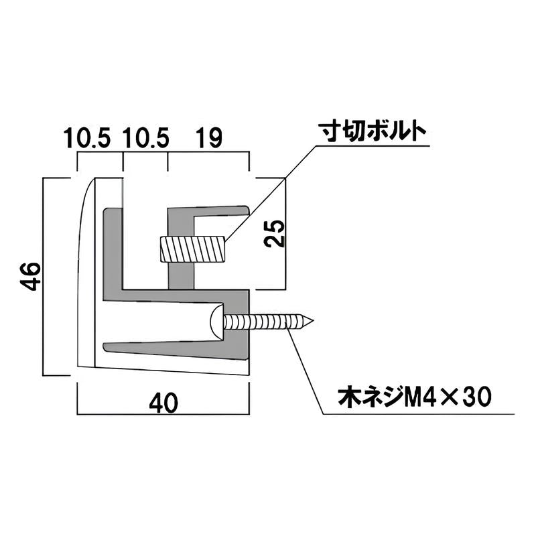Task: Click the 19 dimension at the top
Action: (208, 139)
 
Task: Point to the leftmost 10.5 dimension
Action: (88, 139)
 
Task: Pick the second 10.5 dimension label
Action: (145, 139)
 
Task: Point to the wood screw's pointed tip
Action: (310, 322)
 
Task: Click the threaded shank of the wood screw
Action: (265, 322)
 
